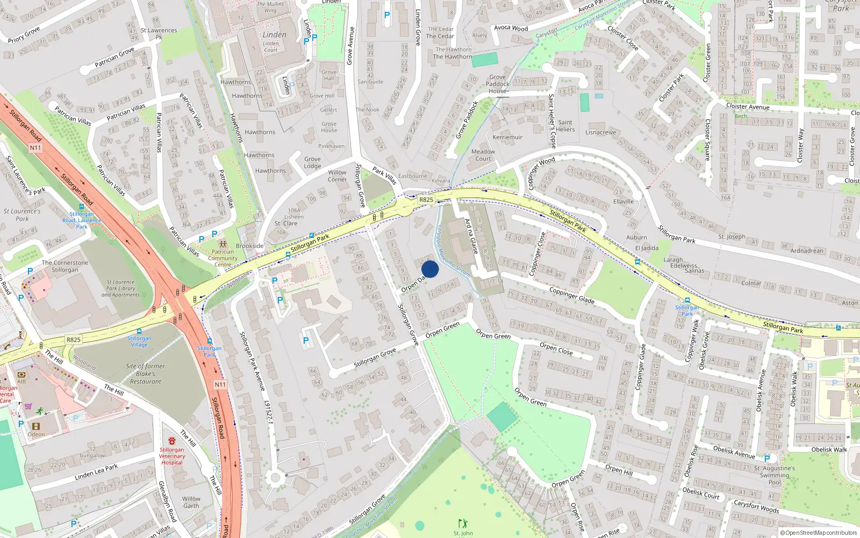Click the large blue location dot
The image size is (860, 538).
tap(430, 269)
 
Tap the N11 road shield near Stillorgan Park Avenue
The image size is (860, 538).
tap(220, 385)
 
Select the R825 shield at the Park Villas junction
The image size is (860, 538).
tap(426, 200)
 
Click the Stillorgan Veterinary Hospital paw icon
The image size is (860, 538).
tap(171, 441)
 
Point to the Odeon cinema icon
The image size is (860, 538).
tap(36, 426)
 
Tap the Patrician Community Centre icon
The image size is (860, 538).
tap(223, 244)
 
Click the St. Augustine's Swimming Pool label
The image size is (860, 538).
tap(775, 475)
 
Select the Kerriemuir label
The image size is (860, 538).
tap(507, 137)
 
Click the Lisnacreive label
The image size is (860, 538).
tap(600, 132)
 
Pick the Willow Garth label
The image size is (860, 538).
tap(191, 502)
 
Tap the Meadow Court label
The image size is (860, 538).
tap(483, 155)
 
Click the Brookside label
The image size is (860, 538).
tap(250, 246)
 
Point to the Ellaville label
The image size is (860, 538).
tap(623, 202)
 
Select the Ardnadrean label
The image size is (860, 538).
tap(807, 251)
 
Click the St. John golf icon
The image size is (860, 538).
tap(463, 523)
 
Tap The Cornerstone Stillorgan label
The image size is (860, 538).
tap(65, 266)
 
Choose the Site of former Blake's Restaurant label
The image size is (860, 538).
tap(145, 373)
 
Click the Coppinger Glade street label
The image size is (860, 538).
tap(571, 295)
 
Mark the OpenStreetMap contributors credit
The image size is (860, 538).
tap(819, 533)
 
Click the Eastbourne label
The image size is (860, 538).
tap(413, 176)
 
